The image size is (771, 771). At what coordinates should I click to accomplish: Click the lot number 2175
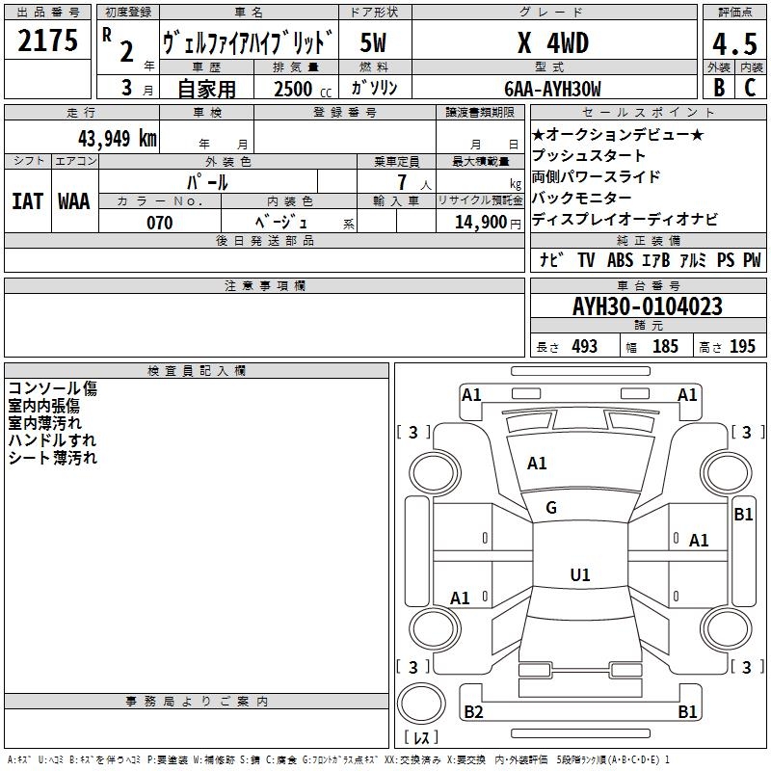[48, 41]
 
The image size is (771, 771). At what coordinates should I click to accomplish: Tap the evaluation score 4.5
[733, 43]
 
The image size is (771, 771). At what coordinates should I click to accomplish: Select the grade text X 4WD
[552, 43]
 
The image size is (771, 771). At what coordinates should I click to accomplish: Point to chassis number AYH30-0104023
[648, 307]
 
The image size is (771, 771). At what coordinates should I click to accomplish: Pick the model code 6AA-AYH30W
[552, 89]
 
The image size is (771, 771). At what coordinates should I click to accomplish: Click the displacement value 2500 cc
[298, 89]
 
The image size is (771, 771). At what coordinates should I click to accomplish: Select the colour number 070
[159, 223]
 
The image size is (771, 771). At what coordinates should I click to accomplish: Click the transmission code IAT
[27, 200]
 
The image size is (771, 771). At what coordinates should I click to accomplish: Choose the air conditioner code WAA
[74, 200]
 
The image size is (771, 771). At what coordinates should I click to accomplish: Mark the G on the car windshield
[551, 508]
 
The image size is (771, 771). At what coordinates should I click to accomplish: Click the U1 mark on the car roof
[579, 575]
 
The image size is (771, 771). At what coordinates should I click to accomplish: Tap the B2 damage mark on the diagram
[473, 712]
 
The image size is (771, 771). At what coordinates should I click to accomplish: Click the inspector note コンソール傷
[52, 388]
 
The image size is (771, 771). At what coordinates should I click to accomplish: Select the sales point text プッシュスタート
[589, 156]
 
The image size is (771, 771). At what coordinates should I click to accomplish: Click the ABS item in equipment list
[620, 260]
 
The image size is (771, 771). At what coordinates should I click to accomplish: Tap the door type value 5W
[373, 43]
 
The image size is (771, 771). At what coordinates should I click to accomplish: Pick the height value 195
[742, 346]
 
